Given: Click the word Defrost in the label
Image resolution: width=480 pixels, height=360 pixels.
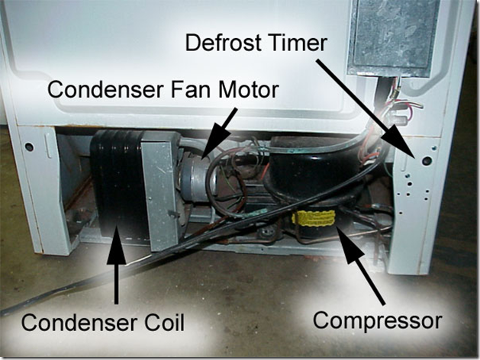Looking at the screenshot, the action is click(x=223, y=43).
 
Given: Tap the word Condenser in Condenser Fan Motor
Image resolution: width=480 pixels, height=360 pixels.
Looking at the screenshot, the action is click(x=106, y=89).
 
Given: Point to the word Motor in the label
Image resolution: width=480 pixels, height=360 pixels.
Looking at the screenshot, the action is click(x=247, y=89).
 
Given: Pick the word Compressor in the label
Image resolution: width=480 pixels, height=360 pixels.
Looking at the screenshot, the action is click(x=378, y=321).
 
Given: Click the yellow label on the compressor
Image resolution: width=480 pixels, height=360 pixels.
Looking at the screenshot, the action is click(x=313, y=218).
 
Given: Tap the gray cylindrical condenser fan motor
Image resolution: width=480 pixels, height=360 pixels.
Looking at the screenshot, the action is click(x=196, y=179).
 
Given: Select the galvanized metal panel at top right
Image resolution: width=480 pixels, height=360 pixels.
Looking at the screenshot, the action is click(x=394, y=36).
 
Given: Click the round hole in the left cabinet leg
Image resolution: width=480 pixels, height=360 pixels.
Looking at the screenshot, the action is click(x=29, y=146).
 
